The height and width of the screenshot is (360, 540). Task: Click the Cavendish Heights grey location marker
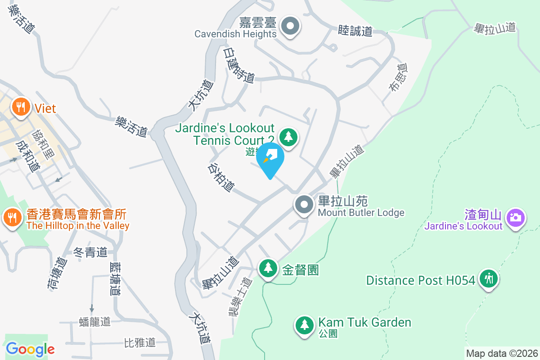[x=290, y=26]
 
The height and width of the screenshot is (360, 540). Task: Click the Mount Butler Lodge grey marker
[x=304, y=205]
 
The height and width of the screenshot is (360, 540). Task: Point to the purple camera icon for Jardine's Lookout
[x=515, y=218]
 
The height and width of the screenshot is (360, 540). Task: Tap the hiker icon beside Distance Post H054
[x=488, y=279]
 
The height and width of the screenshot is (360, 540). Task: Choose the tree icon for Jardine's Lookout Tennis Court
[x=288, y=136]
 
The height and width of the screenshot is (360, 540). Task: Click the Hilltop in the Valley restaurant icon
[x=11, y=218]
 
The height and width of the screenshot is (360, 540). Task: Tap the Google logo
[x=30, y=349]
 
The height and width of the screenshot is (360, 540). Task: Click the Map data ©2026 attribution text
[x=502, y=353]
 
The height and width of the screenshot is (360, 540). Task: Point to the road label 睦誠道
[x=355, y=31]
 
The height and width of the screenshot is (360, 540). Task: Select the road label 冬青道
[x=90, y=252]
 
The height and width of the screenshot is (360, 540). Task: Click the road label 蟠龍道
[x=94, y=322]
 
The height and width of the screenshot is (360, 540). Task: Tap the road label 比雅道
[x=139, y=342]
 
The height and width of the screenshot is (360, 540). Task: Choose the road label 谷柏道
[x=221, y=177]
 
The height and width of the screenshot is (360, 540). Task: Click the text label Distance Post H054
[x=420, y=280]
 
